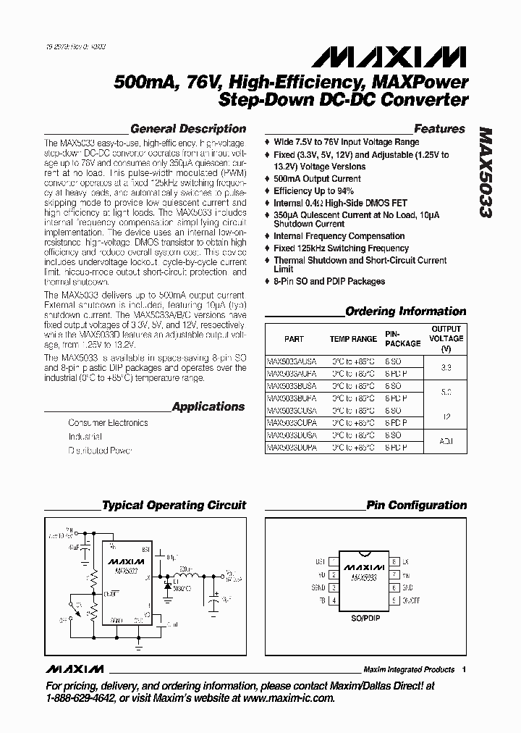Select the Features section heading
(439, 129)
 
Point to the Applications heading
(208, 406)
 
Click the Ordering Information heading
(405, 311)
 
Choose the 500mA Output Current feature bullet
(317, 179)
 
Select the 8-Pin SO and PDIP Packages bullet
(329, 281)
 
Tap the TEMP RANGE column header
(353, 339)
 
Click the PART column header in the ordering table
(294, 339)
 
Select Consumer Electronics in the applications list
(108, 422)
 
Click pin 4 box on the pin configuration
(334, 600)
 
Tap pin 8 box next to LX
(394, 561)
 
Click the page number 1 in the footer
(464, 669)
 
